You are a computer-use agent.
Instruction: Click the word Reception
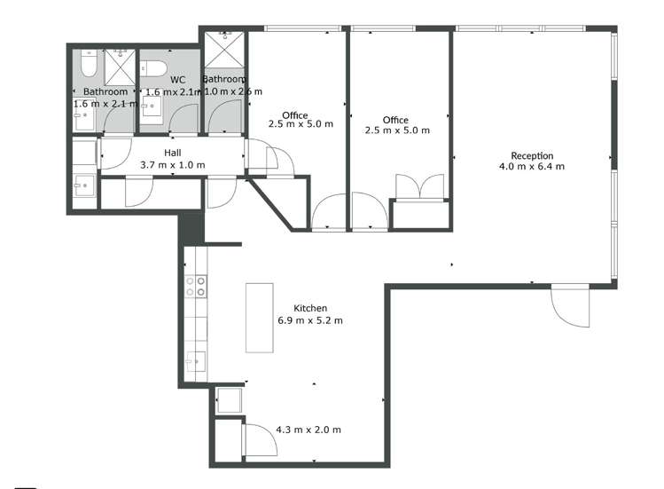(532, 155)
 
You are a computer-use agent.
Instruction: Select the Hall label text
(172, 153)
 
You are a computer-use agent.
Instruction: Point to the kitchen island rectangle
(260, 317)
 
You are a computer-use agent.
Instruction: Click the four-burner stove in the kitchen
(195, 286)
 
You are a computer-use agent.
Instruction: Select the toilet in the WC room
(155, 67)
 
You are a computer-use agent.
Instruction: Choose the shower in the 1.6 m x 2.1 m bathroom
(119, 67)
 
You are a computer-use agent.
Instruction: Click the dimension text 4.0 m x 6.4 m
(532, 167)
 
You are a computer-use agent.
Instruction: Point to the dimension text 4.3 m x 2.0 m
(309, 430)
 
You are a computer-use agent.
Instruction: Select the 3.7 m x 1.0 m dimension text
(172, 165)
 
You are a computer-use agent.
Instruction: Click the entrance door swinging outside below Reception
(567, 306)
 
